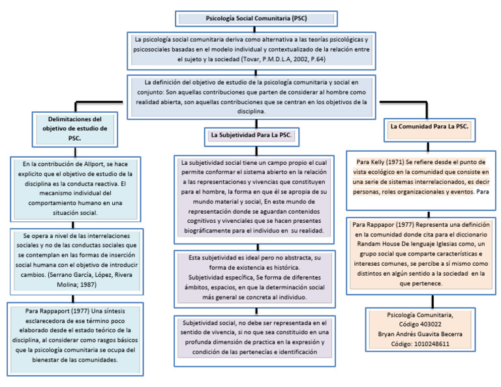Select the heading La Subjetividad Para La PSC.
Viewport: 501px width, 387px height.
(251, 135)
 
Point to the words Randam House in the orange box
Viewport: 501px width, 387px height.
(387, 243)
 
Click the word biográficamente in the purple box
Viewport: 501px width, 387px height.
(209, 231)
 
